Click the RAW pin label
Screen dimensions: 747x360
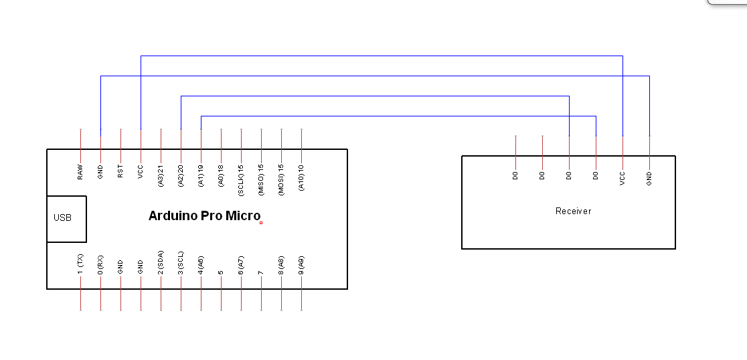click(x=80, y=173)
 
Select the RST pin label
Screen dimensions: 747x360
click(x=120, y=171)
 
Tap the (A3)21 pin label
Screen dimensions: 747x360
click(x=161, y=175)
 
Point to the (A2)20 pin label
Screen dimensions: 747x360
click(x=181, y=175)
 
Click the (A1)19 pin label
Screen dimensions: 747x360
click(x=201, y=175)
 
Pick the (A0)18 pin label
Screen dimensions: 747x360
click(x=221, y=175)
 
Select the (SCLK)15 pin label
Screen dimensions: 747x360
click(x=241, y=180)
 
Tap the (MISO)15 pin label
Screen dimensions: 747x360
click(x=261, y=180)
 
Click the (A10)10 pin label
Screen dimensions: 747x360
click(x=301, y=177)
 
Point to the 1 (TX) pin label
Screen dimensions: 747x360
click(x=80, y=265)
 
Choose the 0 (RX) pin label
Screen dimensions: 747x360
click(x=100, y=265)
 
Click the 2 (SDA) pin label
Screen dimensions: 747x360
click(x=161, y=262)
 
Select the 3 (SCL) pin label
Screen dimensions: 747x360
click(x=181, y=263)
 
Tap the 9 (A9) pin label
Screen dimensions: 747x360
click(x=301, y=265)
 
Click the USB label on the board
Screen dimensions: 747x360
click(x=62, y=218)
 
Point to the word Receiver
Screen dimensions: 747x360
click(x=573, y=211)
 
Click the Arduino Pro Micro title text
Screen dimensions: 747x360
click(x=204, y=215)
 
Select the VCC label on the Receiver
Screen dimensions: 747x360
click(x=622, y=179)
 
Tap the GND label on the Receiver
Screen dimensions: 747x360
click(x=649, y=179)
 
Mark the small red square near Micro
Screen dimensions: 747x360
click(x=261, y=223)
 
